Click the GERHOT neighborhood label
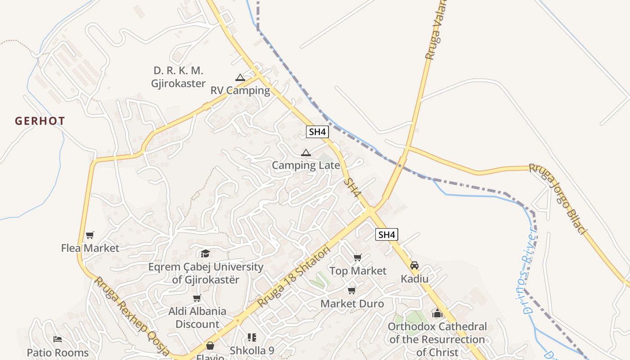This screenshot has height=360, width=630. [x=40, y=121]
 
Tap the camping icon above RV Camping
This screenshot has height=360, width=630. [x=240, y=77]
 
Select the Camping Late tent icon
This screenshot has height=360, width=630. [x=306, y=153]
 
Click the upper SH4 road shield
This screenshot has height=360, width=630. [x=317, y=132]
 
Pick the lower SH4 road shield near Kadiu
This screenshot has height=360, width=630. [x=387, y=234]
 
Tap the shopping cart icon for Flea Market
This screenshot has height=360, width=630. [x=90, y=235]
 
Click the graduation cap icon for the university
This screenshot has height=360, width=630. [x=206, y=253]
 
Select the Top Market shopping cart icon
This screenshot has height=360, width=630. [x=358, y=258]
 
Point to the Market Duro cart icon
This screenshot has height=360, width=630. [x=352, y=291]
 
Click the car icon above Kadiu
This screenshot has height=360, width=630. [x=414, y=265]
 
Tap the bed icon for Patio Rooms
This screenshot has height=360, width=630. [x=58, y=339]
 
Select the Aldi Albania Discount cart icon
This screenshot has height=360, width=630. [x=197, y=298]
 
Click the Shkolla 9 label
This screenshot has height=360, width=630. [x=252, y=350]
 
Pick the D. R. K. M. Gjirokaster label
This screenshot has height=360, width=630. [x=178, y=77]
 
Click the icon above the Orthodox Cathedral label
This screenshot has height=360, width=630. [x=437, y=313]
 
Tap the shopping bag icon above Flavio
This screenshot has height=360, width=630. [x=210, y=346]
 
